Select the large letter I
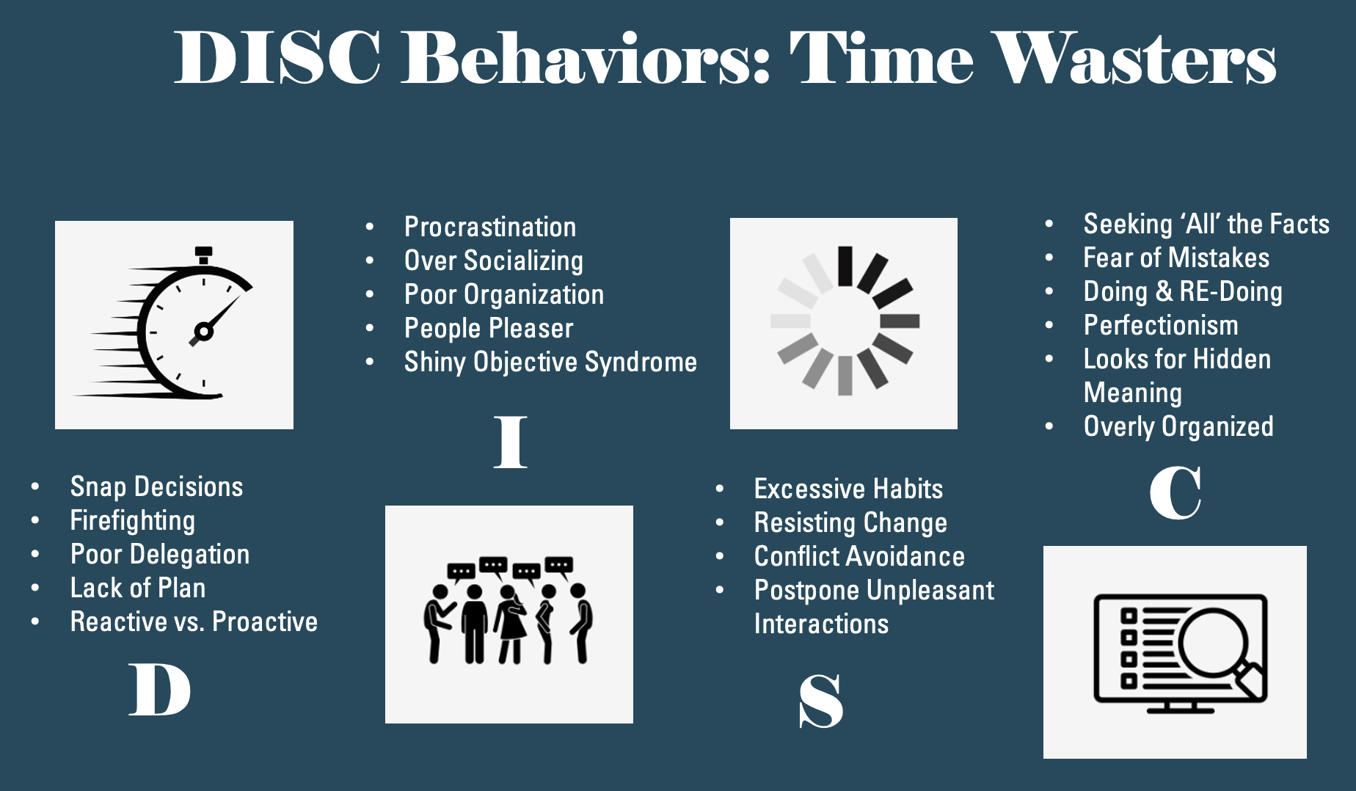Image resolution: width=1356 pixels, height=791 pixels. [510, 442]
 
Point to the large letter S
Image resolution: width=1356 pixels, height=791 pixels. [821, 701]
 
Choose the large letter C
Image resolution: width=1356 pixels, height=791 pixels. [1175, 492]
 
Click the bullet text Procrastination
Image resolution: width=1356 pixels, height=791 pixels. [490, 227]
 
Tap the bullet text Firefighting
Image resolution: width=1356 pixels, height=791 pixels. [133, 521]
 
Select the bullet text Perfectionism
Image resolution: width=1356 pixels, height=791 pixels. [1161, 325]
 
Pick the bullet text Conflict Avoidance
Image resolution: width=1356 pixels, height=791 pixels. [859, 556]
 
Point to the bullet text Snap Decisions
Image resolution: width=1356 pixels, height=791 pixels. [156, 486]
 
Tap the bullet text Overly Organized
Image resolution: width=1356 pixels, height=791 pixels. [1178, 427]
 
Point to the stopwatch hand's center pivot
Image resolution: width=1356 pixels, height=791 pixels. [204, 332]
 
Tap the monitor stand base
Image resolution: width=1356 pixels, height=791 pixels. [1181, 710]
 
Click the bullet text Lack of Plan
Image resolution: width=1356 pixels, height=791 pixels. [138, 588]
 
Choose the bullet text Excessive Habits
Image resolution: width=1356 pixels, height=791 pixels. [848, 489]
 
